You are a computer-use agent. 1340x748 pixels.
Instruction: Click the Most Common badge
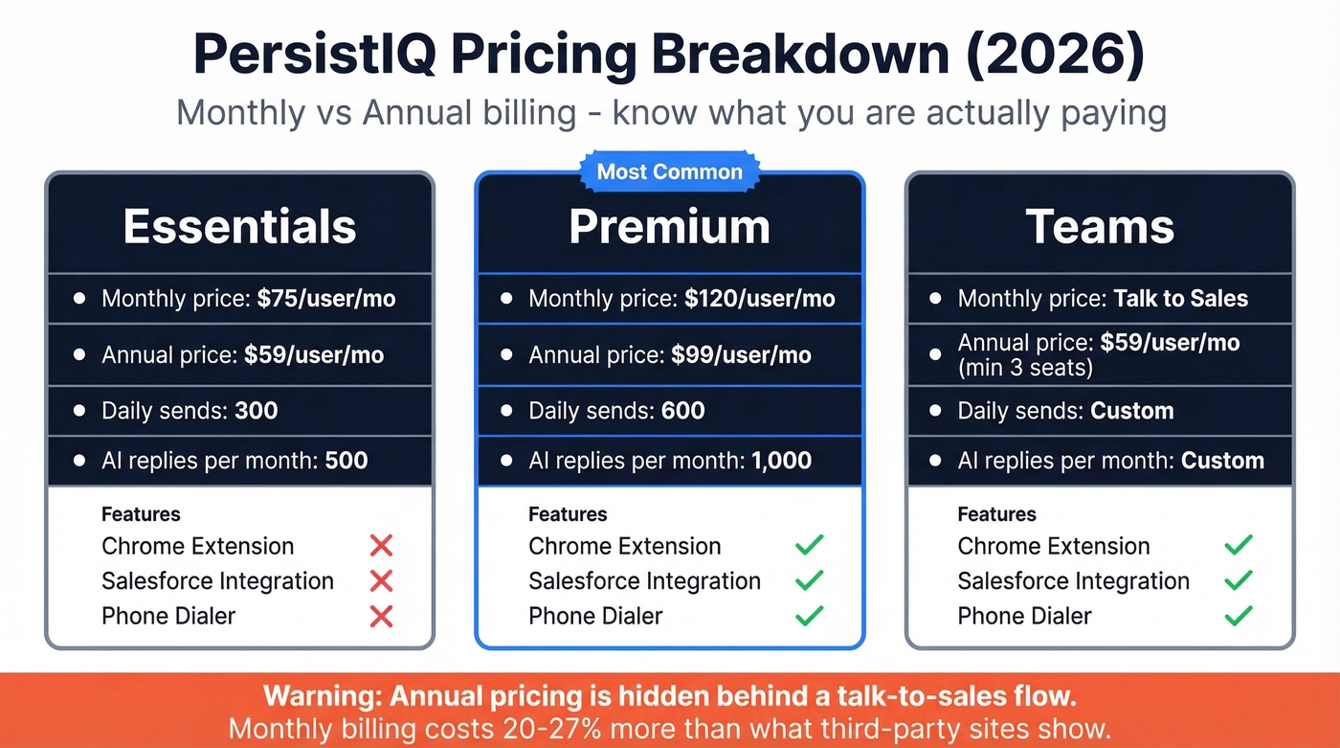point(669,172)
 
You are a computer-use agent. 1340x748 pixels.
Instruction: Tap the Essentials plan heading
point(239,227)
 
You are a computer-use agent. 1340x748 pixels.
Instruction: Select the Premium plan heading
point(669,227)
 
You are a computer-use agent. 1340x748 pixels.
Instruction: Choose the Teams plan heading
point(1100,227)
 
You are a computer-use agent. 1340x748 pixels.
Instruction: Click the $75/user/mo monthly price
point(326,299)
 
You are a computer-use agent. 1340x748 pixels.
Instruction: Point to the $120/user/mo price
point(760,299)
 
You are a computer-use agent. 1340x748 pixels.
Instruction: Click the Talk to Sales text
point(1181,299)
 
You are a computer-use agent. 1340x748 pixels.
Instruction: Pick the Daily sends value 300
point(256,412)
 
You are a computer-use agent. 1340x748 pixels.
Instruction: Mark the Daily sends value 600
point(682,412)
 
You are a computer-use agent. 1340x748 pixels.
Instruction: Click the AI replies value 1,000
point(781,461)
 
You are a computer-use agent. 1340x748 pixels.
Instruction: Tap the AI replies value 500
point(346,461)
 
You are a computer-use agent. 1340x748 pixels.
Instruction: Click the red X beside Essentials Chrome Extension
point(381,546)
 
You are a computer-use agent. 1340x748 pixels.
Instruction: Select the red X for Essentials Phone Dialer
point(381,616)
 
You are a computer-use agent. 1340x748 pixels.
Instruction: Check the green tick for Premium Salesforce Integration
point(810,580)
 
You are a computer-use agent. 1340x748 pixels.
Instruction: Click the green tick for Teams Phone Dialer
point(1239,616)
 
